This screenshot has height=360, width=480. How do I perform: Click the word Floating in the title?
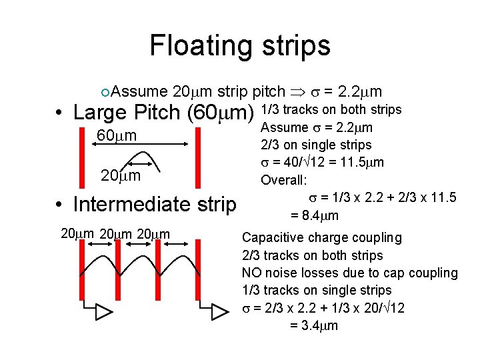pos(199,46)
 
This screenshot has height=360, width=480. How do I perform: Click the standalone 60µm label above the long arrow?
pos(117,136)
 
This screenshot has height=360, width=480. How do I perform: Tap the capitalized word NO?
pos(251,273)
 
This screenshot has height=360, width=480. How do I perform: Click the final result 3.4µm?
pos(315,325)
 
